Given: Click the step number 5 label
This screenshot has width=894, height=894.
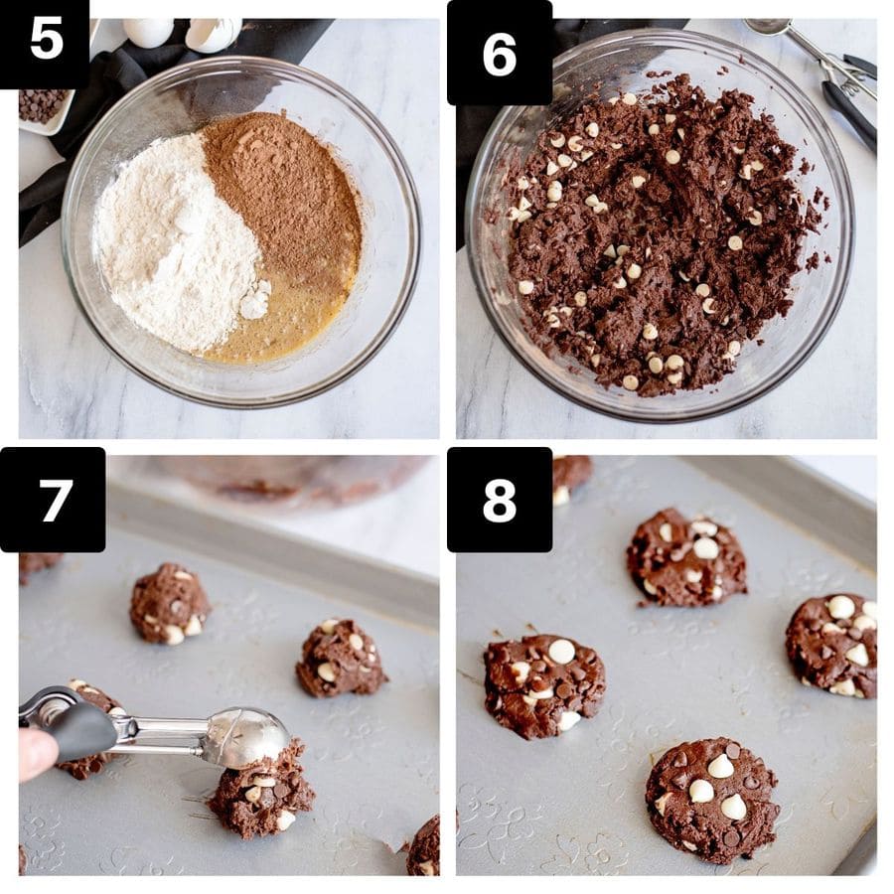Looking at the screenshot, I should (x=45, y=40).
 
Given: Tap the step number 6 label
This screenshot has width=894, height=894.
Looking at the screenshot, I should (x=499, y=52).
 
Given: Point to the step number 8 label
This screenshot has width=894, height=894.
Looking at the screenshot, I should (x=499, y=500).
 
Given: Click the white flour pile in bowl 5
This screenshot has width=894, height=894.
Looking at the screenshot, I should (x=174, y=243).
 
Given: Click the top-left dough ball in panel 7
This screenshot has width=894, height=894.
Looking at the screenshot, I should (x=169, y=603).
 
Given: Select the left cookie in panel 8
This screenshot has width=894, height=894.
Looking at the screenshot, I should (x=543, y=683).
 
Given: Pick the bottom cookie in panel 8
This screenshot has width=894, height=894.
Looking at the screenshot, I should (x=711, y=798).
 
